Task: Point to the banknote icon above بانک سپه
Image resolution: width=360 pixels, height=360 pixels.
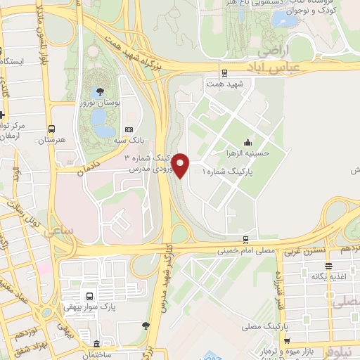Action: (x=129, y=129)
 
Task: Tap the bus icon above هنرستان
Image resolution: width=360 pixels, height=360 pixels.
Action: (x=51, y=129)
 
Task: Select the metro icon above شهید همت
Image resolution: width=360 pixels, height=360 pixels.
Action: (x=224, y=72)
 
